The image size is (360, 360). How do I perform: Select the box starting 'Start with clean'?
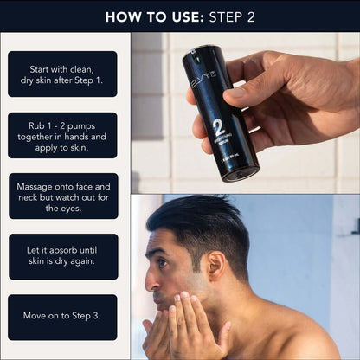tap(62, 74)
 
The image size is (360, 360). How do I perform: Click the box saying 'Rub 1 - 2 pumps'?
tap(62, 135)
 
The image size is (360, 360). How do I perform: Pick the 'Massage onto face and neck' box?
tap(62, 196)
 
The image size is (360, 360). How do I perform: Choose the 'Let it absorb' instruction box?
tap(62, 256)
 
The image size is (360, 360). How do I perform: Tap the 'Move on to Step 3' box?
tap(62, 317)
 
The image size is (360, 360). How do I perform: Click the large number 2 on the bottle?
tap(218, 128)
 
